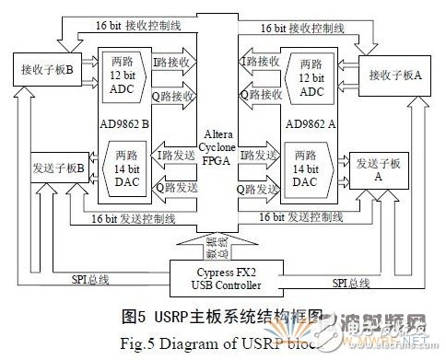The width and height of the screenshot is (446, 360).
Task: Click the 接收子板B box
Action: pyautogui.click(x=43, y=69)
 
